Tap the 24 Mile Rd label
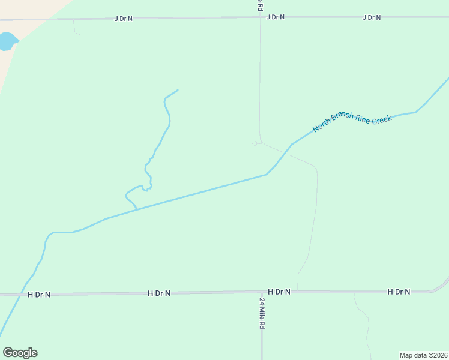coord(262,313)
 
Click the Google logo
coord(20,353)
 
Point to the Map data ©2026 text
coord(424,355)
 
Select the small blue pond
coord(7,41)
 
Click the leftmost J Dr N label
coord(123,19)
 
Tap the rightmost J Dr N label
coord(372,17)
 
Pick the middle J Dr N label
coord(275,17)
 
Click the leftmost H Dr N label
coord(39,295)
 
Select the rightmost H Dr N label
coord(399,292)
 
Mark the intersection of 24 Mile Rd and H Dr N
coord(262,292)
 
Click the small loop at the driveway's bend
coord(255,143)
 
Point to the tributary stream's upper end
coord(178,90)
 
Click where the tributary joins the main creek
coord(137,209)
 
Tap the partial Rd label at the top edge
coord(259,5)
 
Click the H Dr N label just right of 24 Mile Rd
coord(279,292)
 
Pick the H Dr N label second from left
coord(159,293)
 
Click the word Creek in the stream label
coord(381,119)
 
